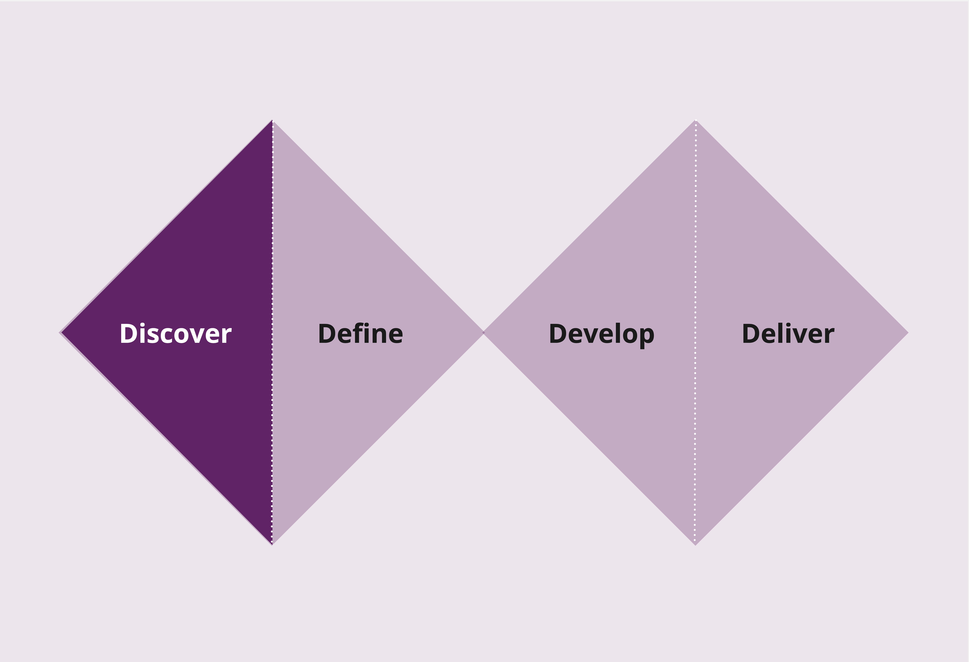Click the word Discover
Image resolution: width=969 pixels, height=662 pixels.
point(176,334)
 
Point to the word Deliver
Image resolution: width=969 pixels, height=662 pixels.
point(788,334)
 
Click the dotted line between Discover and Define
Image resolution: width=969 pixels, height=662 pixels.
point(272,332)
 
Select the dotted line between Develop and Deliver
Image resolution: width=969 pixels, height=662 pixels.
point(695,332)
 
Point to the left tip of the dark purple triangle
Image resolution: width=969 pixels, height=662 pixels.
point(60,333)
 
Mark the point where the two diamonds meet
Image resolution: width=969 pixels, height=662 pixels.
point(484,333)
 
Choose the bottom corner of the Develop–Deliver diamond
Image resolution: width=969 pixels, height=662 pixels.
point(695,545)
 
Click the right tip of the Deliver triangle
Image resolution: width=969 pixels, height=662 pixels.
point(908,333)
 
